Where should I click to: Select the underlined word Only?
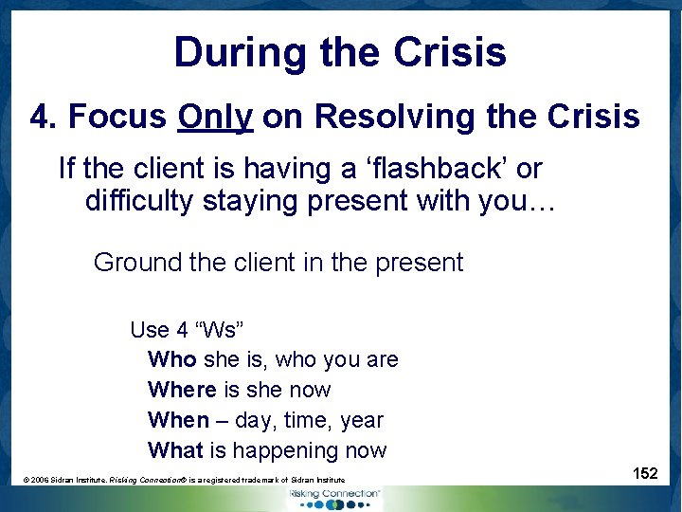click(x=215, y=118)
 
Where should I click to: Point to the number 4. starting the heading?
click(x=45, y=118)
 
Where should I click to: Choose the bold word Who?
click(x=171, y=360)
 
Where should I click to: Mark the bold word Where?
click(x=182, y=391)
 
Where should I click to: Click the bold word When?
click(x=177, y=420)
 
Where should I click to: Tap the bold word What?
click(x=175, y=450)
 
